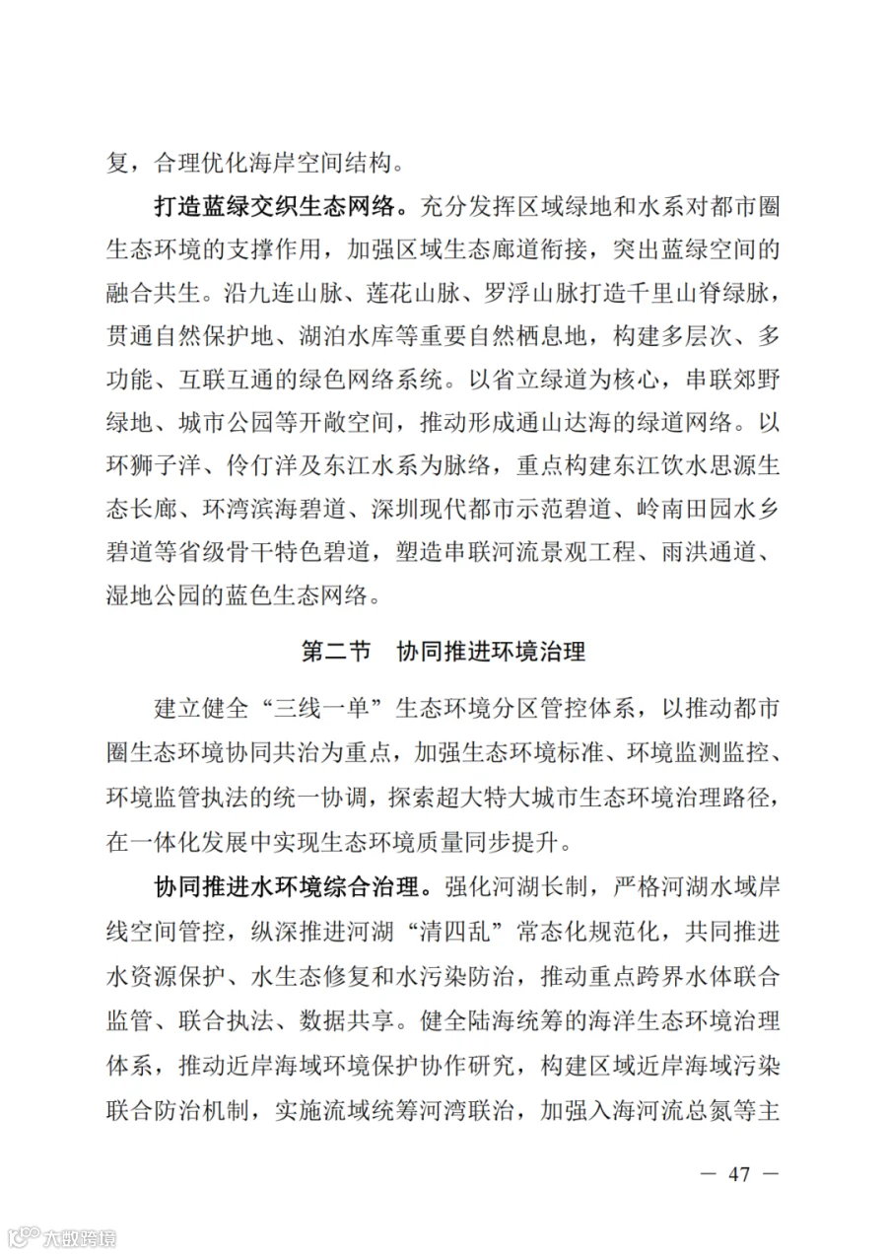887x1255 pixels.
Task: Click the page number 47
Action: pos(738,1174)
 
